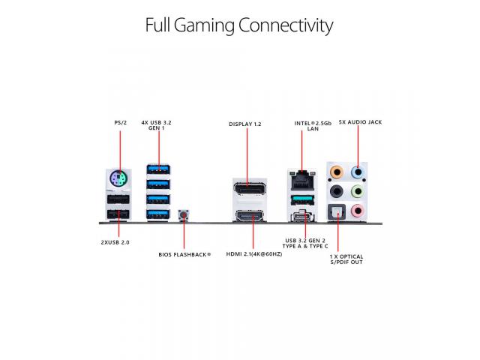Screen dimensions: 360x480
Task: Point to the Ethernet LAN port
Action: pyautogui.click(x=301, y=177)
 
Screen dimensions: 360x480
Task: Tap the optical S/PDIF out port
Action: pyautogui.click(x=338, y=213)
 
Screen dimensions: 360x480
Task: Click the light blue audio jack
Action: pyautogui.click(x=358, y=172)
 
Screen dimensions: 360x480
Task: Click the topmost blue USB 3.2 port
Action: pyautogui.click(x=157, y=168)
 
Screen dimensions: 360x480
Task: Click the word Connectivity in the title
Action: pyautogui.click(x=285, y=25)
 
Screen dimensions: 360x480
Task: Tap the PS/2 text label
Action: pyautogui.click(x=120, y=121)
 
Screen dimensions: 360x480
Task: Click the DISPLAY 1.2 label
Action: pyautogui.click(x=245, y=122)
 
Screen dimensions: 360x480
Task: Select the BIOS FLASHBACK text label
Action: pyautogui.click(x=184, y=254)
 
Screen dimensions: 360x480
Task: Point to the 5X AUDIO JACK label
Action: pyautogui.click(x=360, y=121)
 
